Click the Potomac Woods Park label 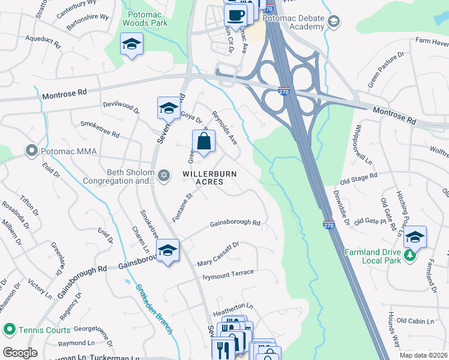145,18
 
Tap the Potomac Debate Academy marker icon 334,23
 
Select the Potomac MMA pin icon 32,149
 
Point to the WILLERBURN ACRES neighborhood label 210,178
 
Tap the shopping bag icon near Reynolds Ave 203,142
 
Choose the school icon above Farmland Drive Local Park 415,238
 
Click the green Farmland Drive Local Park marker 409,256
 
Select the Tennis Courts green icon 9,329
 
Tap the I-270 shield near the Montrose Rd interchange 283,91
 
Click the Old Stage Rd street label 358,178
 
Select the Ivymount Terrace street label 228,273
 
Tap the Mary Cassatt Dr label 218,255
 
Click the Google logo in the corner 19,353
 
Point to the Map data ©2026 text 423,355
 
